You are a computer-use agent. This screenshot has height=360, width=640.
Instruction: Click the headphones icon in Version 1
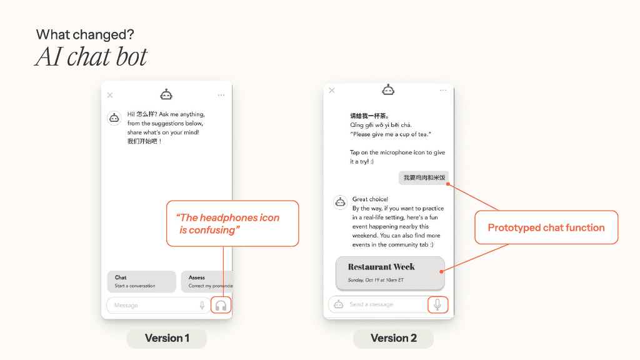pyautogui.click(x=221, y=306)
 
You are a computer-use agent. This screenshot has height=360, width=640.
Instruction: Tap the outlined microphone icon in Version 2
pyautogui.click(x=437, y=304)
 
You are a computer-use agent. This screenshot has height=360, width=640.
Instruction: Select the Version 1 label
pyautogui.click(x=166, y=338)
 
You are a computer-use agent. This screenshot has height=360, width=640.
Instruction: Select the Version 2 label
pyautogui.click(x=394, y=338)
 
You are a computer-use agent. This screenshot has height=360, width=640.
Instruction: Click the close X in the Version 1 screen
pyautogui.click(x=110, y=95)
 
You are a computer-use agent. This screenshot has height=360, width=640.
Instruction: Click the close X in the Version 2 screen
pyautogui.click(x=332, y=90)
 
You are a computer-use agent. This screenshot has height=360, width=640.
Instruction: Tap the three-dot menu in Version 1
pyautogui.click(x=221, y=95)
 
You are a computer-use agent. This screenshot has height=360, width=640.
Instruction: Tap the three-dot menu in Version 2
pyautogui.click(x=443, y=90)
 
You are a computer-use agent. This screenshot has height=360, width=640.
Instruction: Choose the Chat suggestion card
pyautogui.click(x=142, y=282)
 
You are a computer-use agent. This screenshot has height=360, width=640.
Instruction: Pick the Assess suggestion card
pyautogui.click(x=207, y=282)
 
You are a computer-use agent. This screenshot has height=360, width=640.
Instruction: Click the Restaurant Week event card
pyautogui.click(x=390, y=273)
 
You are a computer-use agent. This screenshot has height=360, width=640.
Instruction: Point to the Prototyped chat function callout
pyautogui.click(x=546, y=227)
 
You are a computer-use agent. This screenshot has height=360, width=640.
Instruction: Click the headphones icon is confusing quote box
pyautogui.click(x=232, y=224)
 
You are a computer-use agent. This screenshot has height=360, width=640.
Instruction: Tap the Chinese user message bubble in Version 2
pyautogui.click(x=424, y=177)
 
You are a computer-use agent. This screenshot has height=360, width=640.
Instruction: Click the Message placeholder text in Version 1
pyautogui.click(x=126, y=305)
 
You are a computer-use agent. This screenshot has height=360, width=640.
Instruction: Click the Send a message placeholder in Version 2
pyautogui.click(x=371, y=304)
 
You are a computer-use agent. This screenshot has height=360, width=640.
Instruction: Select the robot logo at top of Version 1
pyautogui.click(x=166, y=95)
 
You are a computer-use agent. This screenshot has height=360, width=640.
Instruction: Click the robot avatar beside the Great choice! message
pyautogui.click(x=340, y=202)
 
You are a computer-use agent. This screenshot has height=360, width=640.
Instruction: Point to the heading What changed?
pyautogui.click(x=85, y=35)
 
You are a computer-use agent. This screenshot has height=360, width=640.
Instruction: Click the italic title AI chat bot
pyautogui.click(x=91, y=56)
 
